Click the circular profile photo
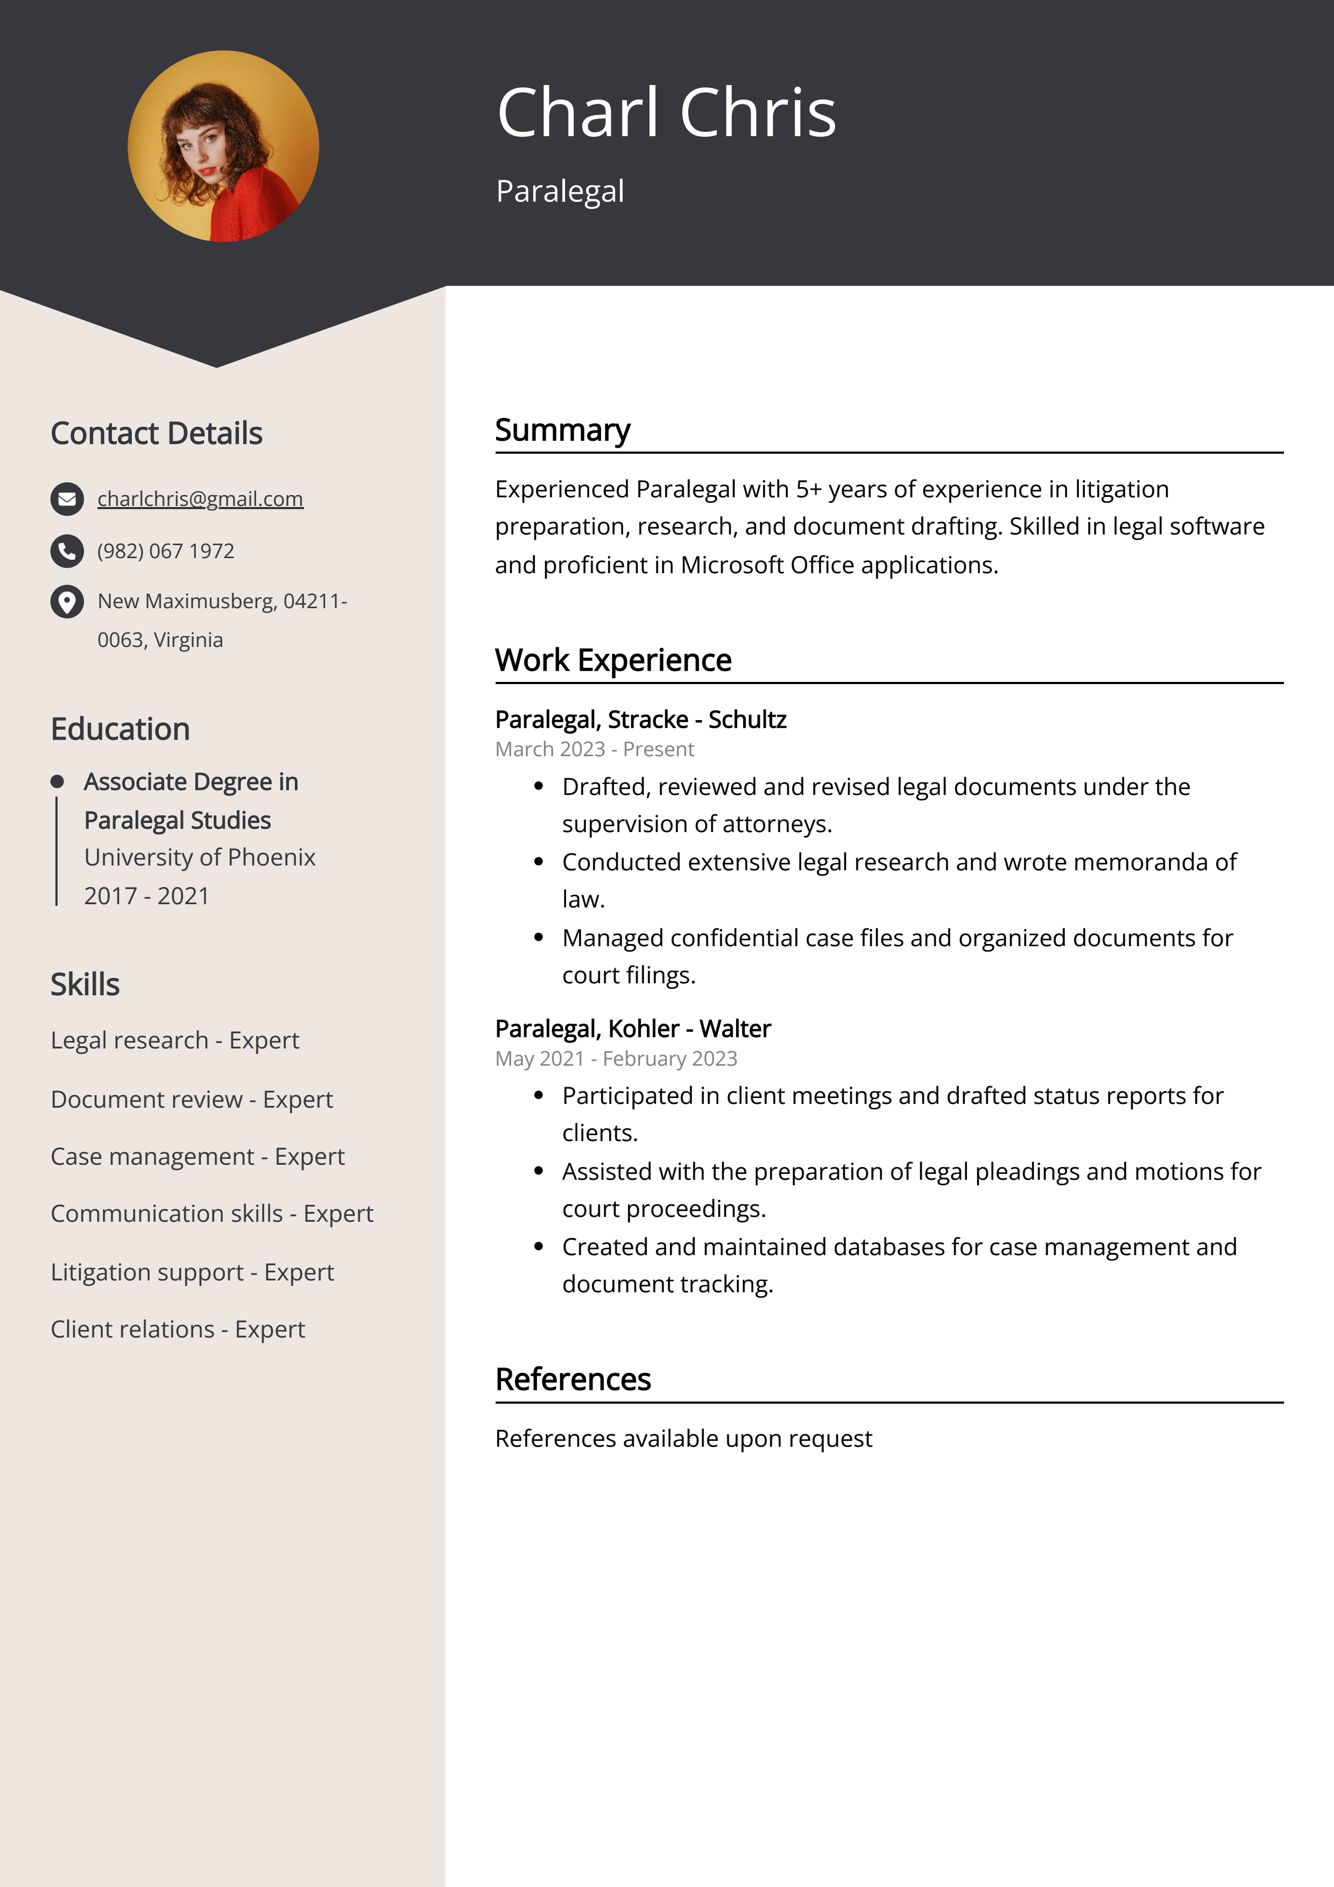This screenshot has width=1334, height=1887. coord(223,146)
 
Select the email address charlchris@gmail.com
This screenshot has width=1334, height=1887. coord(200,499)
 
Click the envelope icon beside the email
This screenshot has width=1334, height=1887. coord(67,499)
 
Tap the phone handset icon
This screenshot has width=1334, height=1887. coord(67,551)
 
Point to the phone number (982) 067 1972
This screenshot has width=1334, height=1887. coord(165,551)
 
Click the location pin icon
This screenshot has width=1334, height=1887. coord(67,602)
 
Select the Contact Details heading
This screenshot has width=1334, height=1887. coord(156,433)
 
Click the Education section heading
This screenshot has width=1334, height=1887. coord(120,729)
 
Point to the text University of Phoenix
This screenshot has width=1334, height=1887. coord(200,857)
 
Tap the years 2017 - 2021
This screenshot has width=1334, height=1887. coord(146,896)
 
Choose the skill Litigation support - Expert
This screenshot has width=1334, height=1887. coord(192,1272)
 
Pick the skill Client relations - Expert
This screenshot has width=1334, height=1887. coord(178,1329)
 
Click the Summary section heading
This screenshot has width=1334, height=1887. coord(562,430)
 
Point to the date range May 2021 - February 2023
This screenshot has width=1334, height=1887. coord(616,1059)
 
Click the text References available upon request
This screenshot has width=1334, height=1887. coord(683,1438)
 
